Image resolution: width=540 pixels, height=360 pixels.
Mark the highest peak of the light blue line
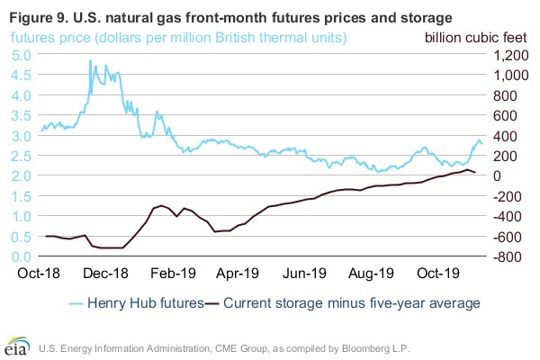[90, 60]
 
